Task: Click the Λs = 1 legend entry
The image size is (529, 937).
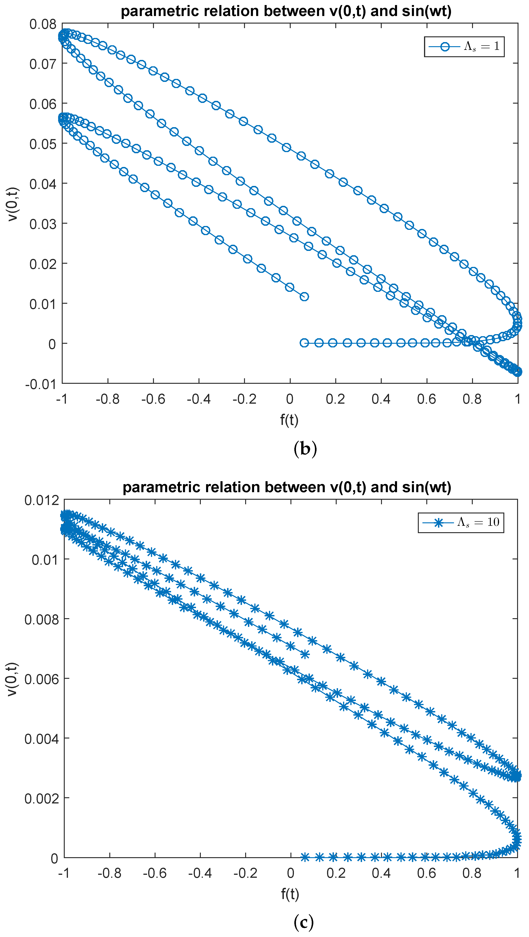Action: pos(464,47)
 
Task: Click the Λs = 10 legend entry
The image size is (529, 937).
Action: pos(461,523)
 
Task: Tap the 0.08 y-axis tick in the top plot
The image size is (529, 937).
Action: pos(43,24)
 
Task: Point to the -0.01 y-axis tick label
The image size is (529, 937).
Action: pos(40,384)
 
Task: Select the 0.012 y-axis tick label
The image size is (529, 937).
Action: pos(41,500)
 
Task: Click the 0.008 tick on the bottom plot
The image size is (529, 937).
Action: pos(41,620)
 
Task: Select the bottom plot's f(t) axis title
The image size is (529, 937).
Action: pos(290,894)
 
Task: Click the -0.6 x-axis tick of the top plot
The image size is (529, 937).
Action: pos(153,399)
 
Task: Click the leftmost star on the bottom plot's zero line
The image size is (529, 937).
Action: pos(305,857)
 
